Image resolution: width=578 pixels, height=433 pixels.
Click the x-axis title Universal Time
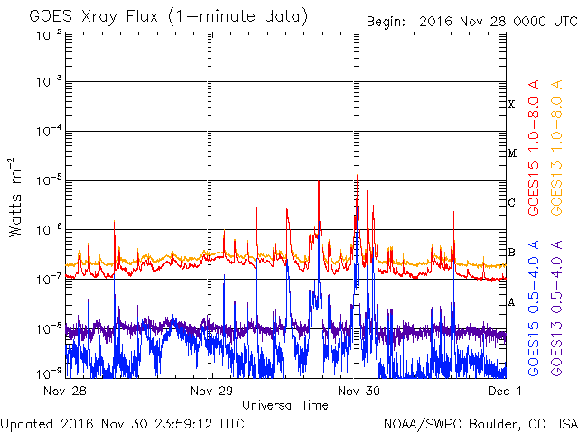284,405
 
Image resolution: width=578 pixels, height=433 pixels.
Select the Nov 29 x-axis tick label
212,392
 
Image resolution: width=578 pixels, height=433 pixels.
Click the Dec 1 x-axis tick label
504,392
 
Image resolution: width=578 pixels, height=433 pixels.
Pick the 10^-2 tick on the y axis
48,34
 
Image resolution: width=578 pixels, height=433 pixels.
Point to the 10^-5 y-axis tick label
48,180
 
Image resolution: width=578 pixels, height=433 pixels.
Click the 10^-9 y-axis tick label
48,373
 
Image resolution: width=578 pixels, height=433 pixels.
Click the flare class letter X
511,105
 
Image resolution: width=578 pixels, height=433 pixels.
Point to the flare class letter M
511,153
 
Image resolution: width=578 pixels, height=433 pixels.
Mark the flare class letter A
511,302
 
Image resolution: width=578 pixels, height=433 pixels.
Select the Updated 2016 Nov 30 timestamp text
122,422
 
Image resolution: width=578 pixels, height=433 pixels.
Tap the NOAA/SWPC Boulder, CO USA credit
480,422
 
